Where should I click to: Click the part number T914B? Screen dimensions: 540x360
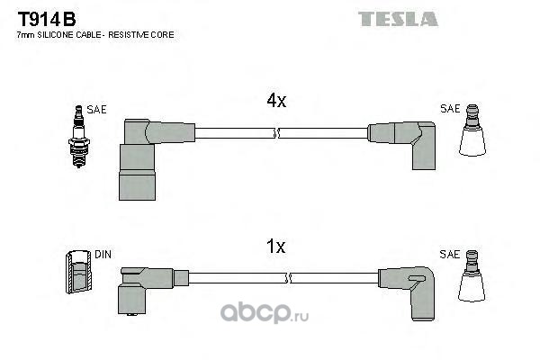(x=47, y=19)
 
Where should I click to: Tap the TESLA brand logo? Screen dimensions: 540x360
(x=398, y=19)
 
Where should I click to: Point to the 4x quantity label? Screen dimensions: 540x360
(x=276, y=101)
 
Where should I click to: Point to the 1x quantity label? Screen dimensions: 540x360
(x=276, y=247)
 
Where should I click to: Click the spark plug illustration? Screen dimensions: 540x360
(x=79, y=137)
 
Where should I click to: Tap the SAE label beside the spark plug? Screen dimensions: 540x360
(x=97, y=110)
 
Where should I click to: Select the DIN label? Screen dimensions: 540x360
(x=103, y=255)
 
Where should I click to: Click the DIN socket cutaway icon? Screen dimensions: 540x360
(x=78, y=272)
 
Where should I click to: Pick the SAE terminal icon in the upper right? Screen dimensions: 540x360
(x=472, y=130)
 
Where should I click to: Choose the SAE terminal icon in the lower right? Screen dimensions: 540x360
(x=472, y=276)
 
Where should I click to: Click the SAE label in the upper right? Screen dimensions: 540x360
(x=450, y=109)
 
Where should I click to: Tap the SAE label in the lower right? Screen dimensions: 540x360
(x=449, y=255)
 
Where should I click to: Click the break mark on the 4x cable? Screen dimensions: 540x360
(x=277, y=133)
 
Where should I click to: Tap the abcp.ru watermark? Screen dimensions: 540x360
(x=264, y=312)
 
